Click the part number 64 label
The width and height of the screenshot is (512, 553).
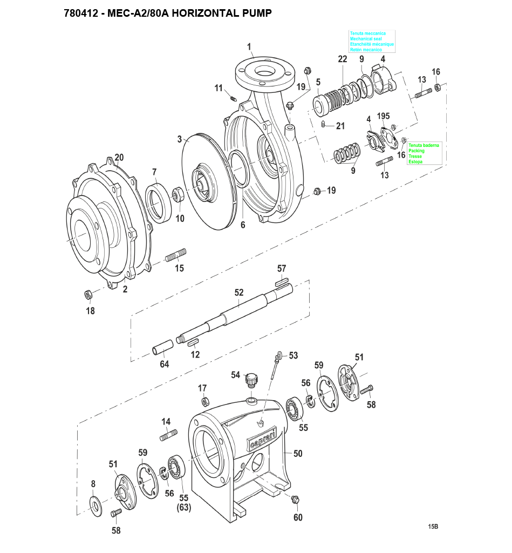(164, 364)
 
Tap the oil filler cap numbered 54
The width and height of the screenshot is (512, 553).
(250, 379)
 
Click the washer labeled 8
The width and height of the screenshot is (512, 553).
(97, 505)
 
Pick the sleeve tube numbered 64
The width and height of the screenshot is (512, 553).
(161, 348)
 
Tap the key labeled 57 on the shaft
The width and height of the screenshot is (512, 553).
(282, 280)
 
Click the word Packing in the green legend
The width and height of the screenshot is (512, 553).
(417, 151)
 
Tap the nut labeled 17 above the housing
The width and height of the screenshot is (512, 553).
(205, 401)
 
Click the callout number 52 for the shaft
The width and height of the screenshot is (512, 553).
(239, 292)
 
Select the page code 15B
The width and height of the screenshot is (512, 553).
(433, 527)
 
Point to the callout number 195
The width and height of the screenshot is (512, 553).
(383, 116)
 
